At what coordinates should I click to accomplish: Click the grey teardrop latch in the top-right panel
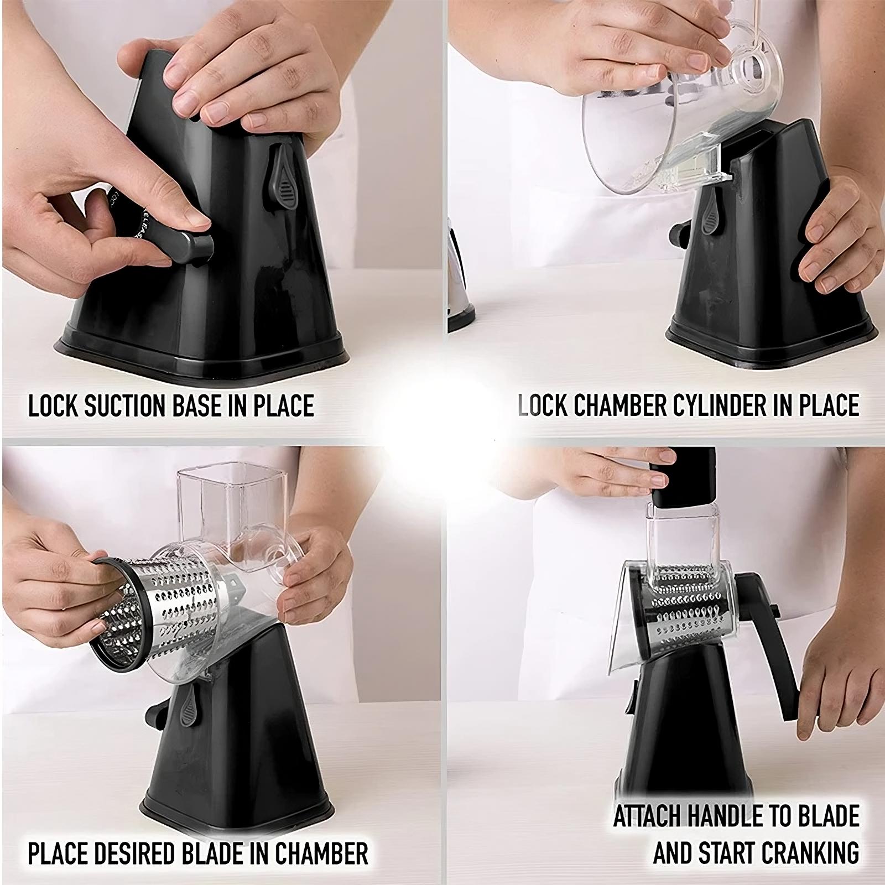[709, 215]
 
